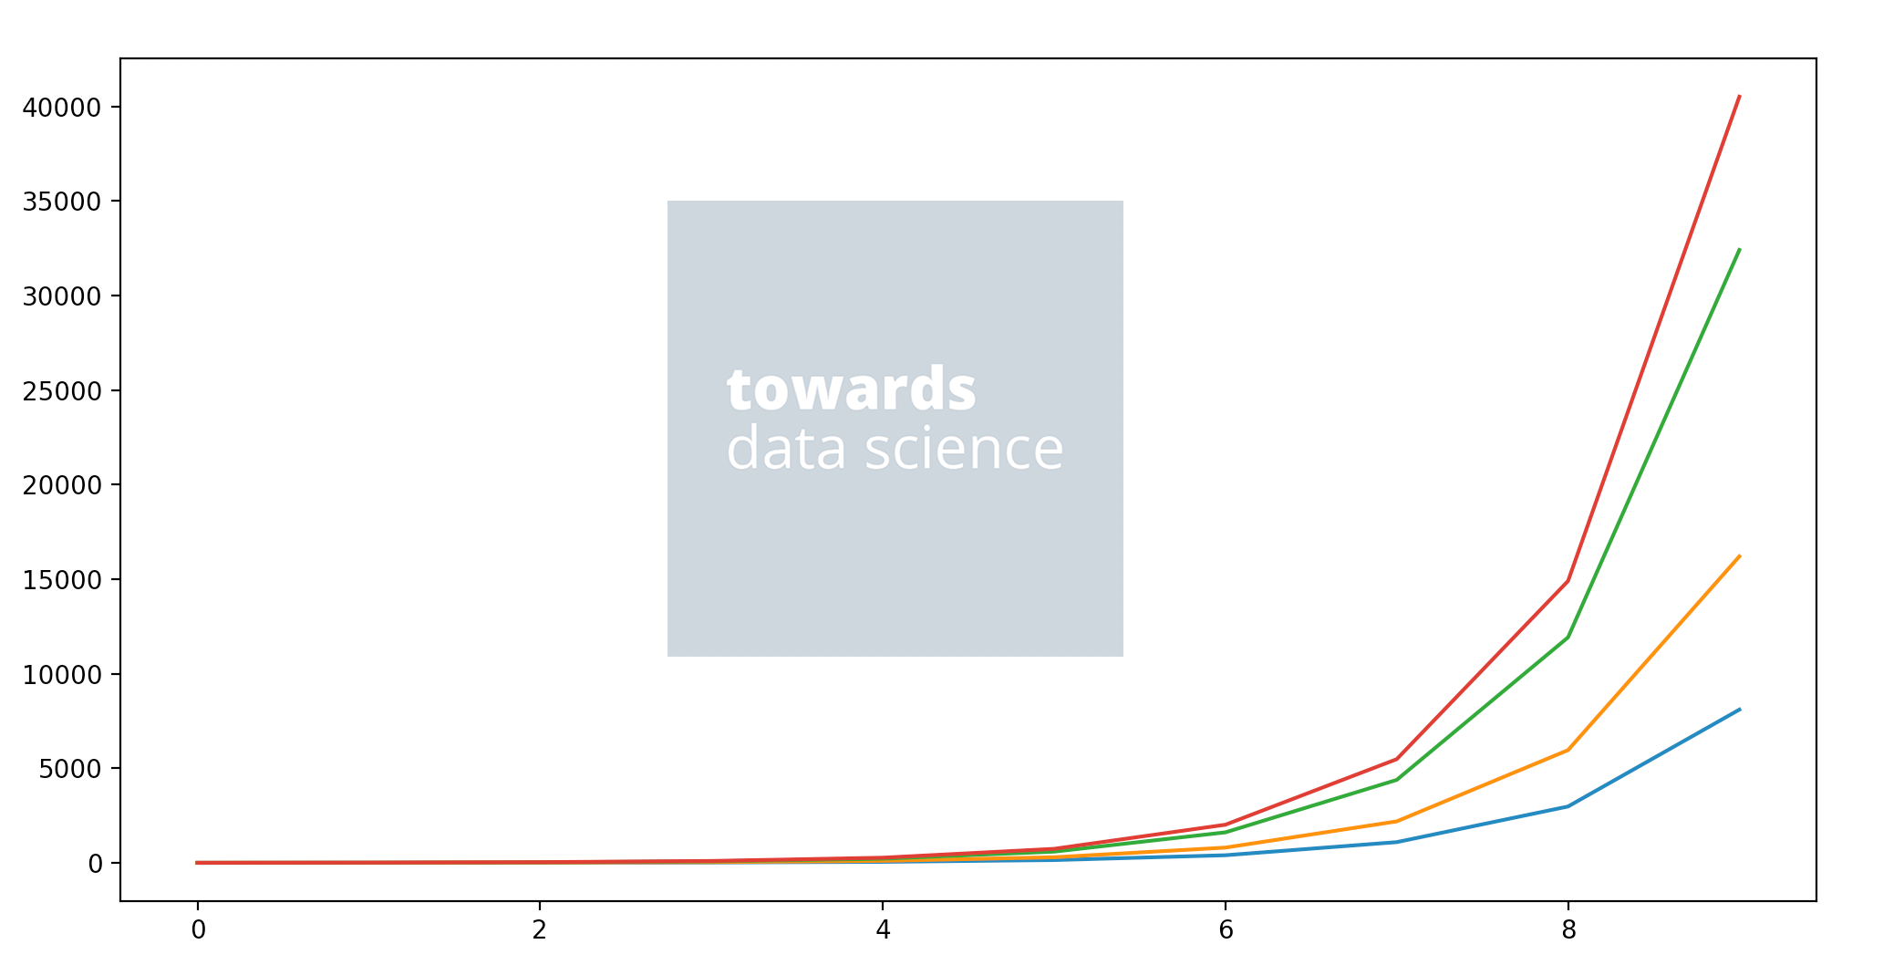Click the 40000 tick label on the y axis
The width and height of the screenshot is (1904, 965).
[61, 108]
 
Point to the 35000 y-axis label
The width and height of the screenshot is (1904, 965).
[61, 202]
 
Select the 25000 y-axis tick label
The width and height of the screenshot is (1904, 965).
[61, 391]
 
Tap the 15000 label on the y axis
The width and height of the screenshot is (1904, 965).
[61, 580]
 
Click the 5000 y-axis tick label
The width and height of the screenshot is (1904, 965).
[69, 769]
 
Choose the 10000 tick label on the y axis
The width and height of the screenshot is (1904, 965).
[61, 675]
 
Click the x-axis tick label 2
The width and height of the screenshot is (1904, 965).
[540, 930]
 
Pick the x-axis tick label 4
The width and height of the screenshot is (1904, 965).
[883, 930]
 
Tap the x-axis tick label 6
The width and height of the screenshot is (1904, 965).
[1226, 930]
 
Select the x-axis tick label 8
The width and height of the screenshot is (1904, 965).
[1568, 930]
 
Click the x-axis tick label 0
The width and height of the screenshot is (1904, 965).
[198, 930]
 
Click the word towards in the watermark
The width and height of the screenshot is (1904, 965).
[852, 389]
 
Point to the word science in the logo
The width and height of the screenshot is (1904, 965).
[964, 449]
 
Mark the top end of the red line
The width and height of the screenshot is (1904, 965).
[1739, 96]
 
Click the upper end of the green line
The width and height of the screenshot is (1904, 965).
[1739, 249]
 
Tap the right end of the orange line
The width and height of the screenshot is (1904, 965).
[1739, 555]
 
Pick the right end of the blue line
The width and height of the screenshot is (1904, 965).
[1739, 709]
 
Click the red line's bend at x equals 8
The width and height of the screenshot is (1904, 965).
[1568, 580]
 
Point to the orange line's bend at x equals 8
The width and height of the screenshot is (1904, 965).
[1568, 750]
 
